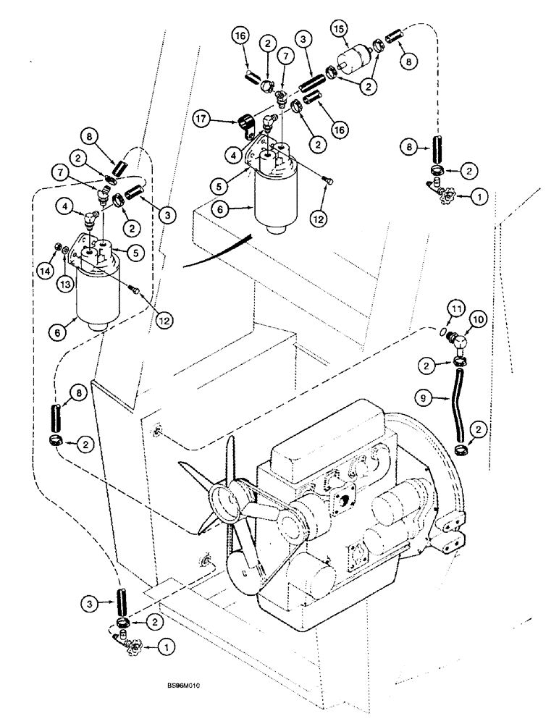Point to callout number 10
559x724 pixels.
tap(479, 318)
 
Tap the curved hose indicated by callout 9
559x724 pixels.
tap(461, 401)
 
